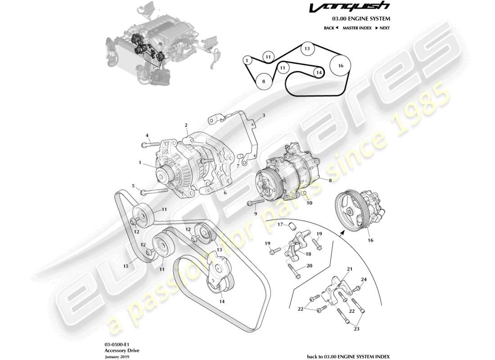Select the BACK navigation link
tap(331, 28)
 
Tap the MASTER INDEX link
tap(357, 28)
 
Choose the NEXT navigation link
tap(382, 28)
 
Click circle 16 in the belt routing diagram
tap(340, 66)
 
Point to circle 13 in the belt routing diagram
tap(306, 49)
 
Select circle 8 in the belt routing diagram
tap(264, 81)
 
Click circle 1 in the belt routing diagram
tap(247, 60)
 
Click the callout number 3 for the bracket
tap(264, 116)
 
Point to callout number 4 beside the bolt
tap(147, 135)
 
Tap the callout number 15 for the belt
tap(126, 266)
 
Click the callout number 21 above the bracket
tap(348, 269)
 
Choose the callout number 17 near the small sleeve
tap(279, 225)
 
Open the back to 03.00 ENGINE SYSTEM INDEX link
tap(348, 356)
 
